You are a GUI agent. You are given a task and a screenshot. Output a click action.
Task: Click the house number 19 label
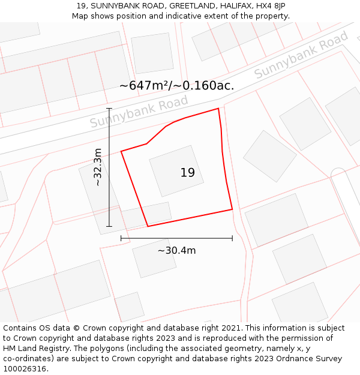tap(187, 173)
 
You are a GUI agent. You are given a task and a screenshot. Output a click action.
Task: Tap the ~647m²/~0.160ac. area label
tap(176, 85)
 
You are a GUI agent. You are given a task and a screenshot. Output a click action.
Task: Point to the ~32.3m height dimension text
tap(98, 167)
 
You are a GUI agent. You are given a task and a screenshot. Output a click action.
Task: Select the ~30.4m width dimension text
tap(176, 250)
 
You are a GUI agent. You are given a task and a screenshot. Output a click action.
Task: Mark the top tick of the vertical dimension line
tap(109, 109)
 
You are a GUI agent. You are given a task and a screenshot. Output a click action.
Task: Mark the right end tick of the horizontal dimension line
tap(232, 238)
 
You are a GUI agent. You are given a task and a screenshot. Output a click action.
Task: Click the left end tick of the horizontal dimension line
tap(121, 238)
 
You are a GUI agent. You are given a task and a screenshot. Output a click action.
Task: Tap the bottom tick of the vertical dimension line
tap(109, 226)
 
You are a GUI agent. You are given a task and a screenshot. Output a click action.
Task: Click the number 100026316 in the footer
tap(25, 369)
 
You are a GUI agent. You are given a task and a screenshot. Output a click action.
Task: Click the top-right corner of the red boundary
tap(218, 109)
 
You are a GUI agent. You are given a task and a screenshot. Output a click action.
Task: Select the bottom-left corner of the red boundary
tap(148, 226)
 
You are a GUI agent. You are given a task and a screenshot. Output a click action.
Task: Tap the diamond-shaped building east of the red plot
tap(269, 155)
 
